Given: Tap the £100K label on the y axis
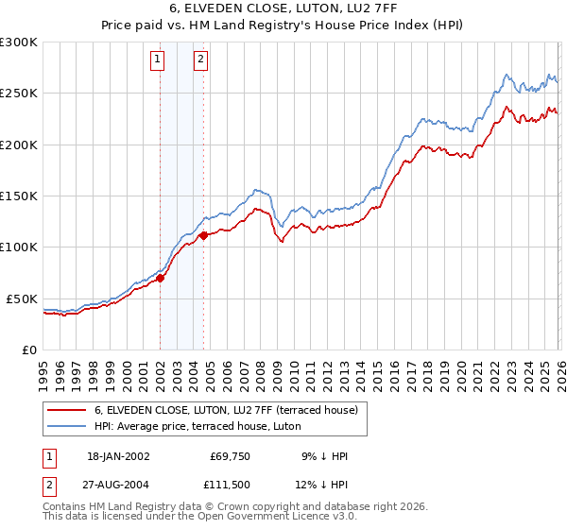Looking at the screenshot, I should coord(18,247).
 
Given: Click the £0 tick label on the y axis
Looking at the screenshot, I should coord(27,350).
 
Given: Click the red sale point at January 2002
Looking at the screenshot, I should coord(161,278).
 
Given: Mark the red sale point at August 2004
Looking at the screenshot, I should coord(204,235).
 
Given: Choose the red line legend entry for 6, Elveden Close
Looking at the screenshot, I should coord(225,410).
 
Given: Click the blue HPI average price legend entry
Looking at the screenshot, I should coord(197,427).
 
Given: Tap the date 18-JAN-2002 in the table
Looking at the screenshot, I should coord(118,456).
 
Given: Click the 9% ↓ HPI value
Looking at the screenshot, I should coord(324,456).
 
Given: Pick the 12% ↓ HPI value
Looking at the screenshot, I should coord(321,485).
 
